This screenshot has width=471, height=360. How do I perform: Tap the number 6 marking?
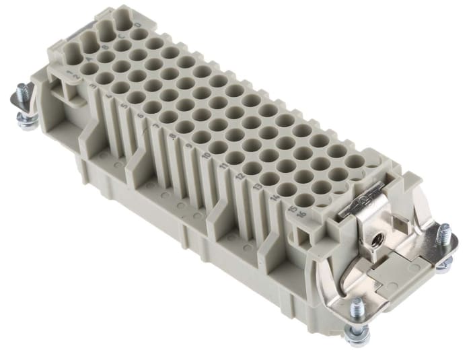[140, 115]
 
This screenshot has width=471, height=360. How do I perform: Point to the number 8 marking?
[174, 135]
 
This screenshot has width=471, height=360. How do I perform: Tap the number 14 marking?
[275, 197]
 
